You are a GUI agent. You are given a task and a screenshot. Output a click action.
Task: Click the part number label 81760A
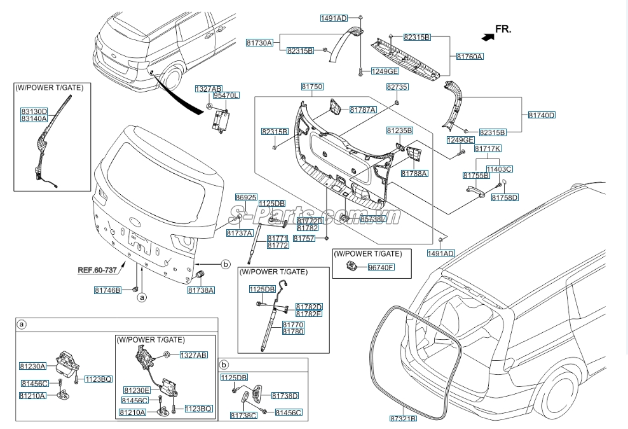coord(470,57)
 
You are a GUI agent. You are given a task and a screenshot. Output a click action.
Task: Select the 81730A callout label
coord(259,43)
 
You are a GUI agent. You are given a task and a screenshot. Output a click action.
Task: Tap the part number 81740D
coord(542,115)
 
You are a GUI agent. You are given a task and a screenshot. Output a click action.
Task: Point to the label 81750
coord(312,86)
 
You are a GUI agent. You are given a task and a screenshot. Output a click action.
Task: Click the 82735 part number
coord(397,86)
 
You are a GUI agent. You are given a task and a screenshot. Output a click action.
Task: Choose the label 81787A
coord(363,110)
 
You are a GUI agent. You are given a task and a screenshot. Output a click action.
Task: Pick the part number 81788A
coord(414,173)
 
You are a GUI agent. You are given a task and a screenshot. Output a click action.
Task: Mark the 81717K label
coord(488,148)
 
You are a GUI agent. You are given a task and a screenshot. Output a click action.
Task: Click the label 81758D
coord(505,197)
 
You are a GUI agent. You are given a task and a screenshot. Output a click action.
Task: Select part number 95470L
coord(226,95)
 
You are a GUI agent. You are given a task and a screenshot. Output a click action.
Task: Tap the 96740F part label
coord(381,267)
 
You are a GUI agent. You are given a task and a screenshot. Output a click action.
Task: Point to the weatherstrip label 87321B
coord(403,418)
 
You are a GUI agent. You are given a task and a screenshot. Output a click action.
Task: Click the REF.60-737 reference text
coord(97,270)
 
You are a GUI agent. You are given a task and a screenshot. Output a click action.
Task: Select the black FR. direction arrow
coord(488,36)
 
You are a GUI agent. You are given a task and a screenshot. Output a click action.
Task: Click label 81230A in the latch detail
coord(32,366)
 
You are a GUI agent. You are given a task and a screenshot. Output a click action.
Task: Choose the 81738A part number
coord(201,290)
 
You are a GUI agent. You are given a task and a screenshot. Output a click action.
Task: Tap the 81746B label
coord(107,290)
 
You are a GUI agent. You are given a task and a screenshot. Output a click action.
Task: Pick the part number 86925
coord(246,197)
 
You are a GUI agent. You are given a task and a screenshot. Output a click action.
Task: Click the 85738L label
coord(372,219)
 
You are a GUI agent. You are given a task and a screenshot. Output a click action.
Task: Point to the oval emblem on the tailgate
coord(135,222)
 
